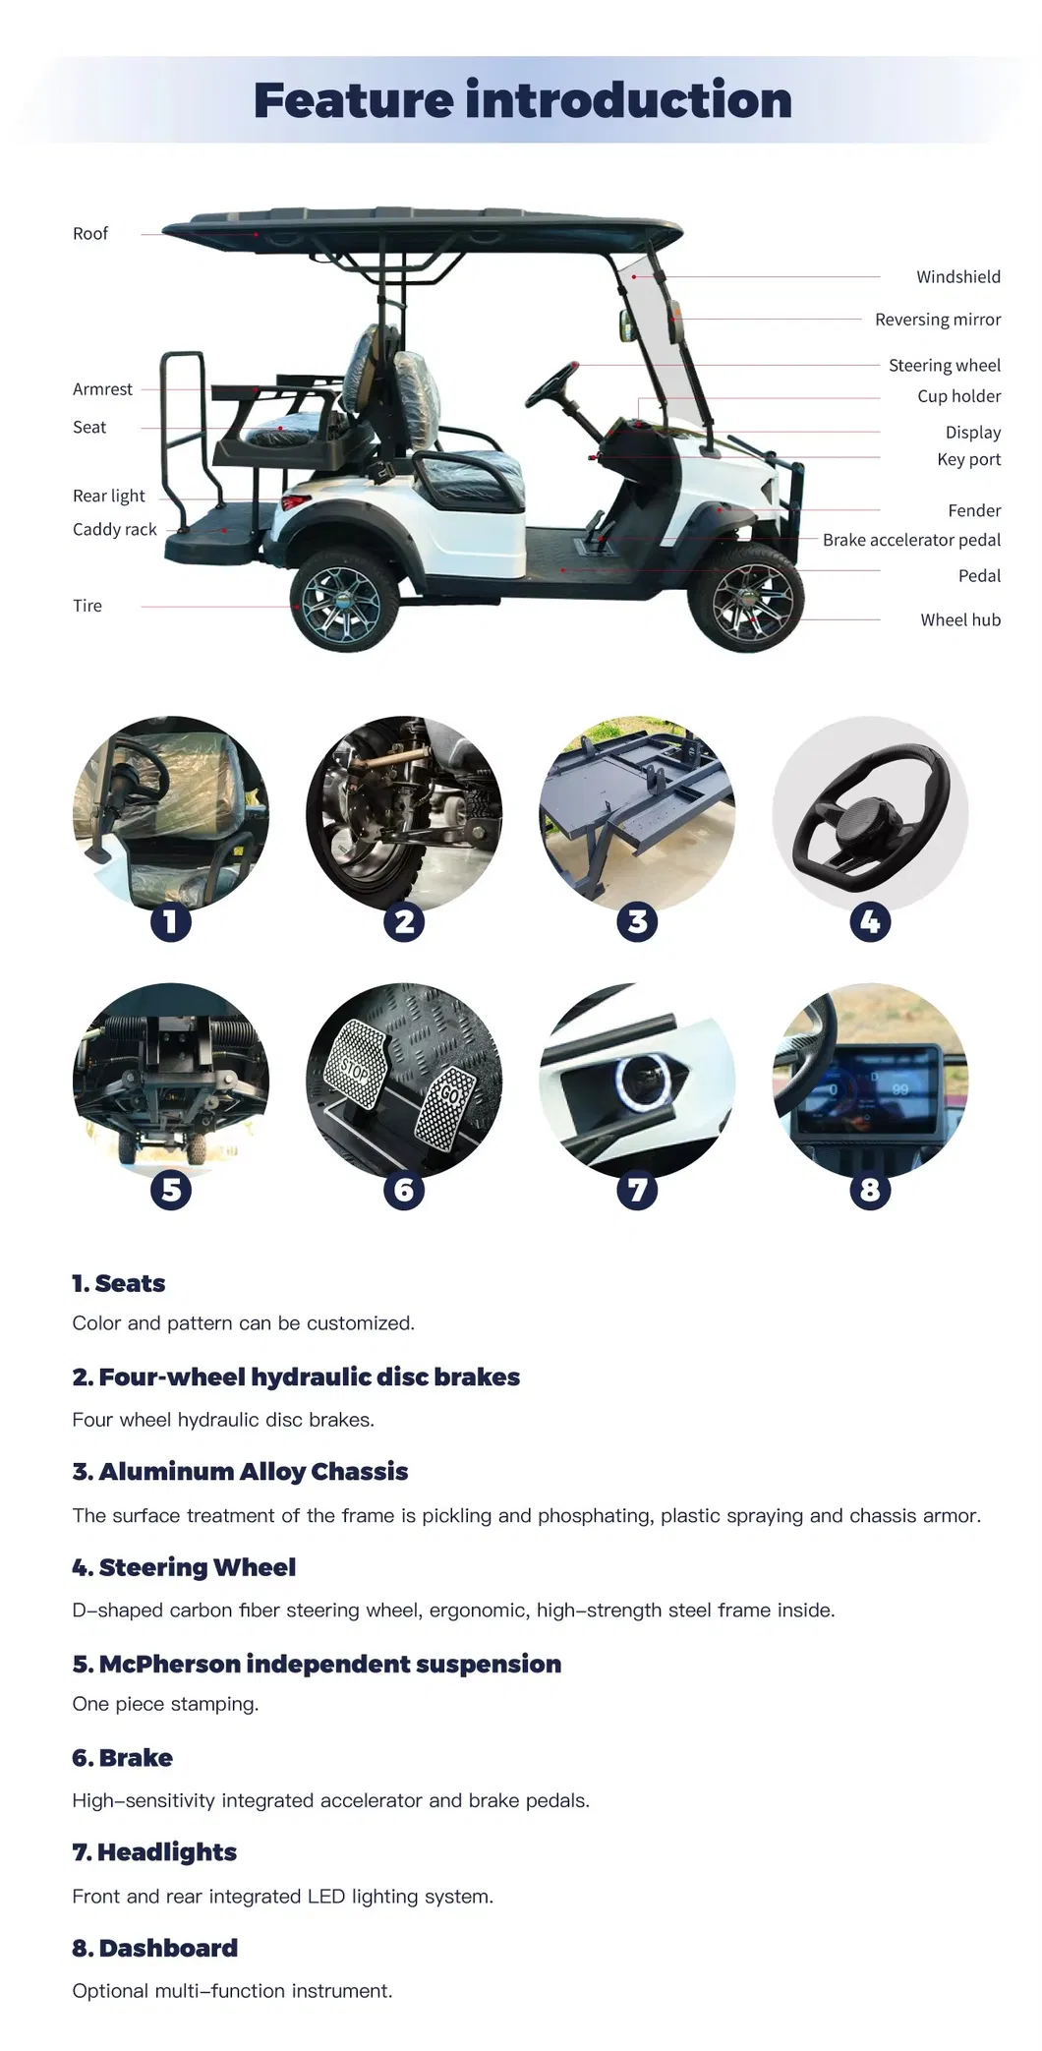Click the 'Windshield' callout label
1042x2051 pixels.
tap(957, 277)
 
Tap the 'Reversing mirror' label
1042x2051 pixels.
tap(937, 320)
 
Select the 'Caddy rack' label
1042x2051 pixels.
tap(114, 529)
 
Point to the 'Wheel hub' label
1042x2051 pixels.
tap(959, 619)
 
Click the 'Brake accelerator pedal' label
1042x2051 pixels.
tap(910, 540)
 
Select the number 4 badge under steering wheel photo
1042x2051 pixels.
tap(870, 922)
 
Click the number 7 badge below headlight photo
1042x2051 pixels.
tap(637, 1190)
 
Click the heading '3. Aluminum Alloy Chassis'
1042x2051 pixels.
tap(239, 1471)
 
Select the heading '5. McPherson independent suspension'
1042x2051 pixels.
tap(316, 1664)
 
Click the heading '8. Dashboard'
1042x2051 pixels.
tap(154, 1948)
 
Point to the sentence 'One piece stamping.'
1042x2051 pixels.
tap(165, 1704)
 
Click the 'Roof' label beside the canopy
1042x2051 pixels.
tap(89, 234)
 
